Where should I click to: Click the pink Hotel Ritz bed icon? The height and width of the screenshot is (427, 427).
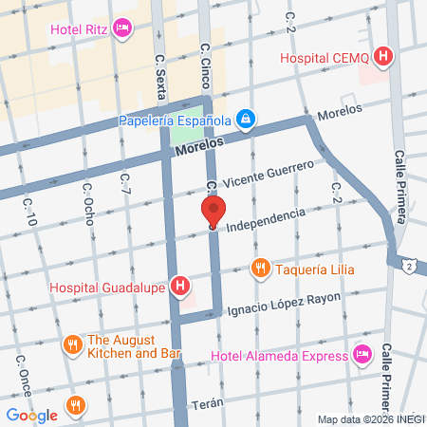tap(121, 29)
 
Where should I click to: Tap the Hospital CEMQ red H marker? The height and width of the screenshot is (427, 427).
tap(382, 58)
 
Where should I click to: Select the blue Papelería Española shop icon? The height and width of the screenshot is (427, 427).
tap(246, 120)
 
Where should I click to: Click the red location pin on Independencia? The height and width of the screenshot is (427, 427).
tap(213, 212)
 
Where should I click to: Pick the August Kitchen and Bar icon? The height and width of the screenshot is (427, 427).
tap(71, 345)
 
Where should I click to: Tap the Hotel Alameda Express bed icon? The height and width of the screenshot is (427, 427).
tap(361, 355)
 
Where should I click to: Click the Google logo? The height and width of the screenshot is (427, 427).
tap(31, 415)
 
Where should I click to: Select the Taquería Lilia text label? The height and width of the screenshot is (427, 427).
tap(316, 269)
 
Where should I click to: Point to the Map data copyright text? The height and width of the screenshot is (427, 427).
tap(370, 419)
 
